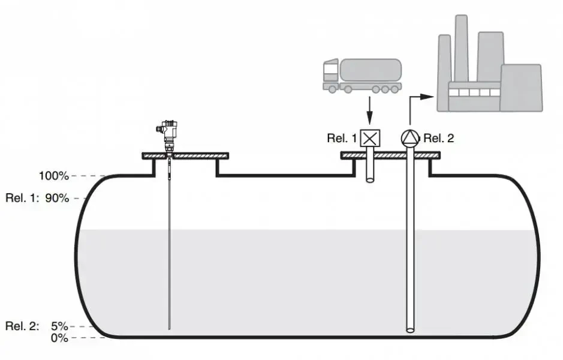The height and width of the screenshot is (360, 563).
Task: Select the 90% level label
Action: [x=58, y=198]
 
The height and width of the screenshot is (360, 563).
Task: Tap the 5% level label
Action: [x=59, y=326]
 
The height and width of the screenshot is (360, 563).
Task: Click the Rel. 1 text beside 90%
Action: [x=21, y=198]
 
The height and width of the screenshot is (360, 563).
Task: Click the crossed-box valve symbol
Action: [x=371, y=138]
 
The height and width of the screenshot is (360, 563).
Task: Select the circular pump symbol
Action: [x=410, y=138]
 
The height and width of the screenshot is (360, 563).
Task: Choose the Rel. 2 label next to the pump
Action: [x=439, y=139]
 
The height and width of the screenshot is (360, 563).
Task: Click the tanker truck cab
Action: [x=331, y=73]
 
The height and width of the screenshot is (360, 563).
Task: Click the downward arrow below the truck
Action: [x=369, y=114]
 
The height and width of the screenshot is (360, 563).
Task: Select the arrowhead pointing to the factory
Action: [x=427, y=96]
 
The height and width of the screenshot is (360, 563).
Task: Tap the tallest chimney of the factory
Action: [x=461, y=48]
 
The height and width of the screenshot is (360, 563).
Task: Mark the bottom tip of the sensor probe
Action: [x=170, y=328]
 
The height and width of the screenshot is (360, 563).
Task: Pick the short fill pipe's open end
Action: [x=371, y=179]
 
